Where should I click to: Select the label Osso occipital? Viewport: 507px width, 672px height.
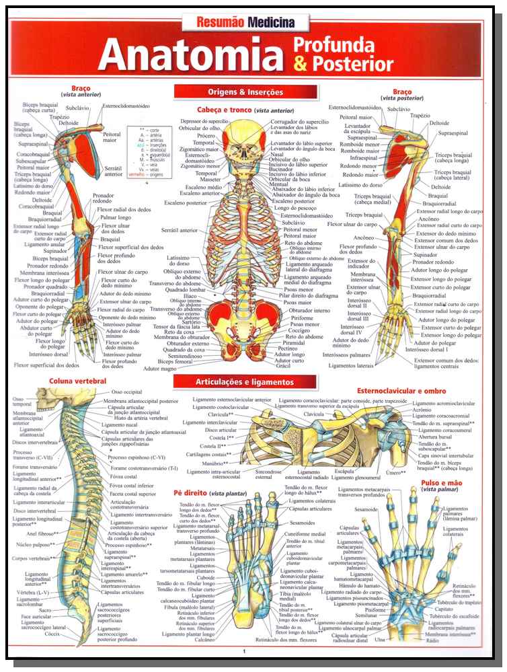(x=127, y=391)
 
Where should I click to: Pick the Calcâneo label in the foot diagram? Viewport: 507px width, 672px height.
(x=205, y=640)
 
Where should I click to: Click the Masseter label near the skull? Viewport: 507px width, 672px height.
(x=206, y=180)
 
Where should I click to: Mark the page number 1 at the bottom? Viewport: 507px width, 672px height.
(x=245, y=651)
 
